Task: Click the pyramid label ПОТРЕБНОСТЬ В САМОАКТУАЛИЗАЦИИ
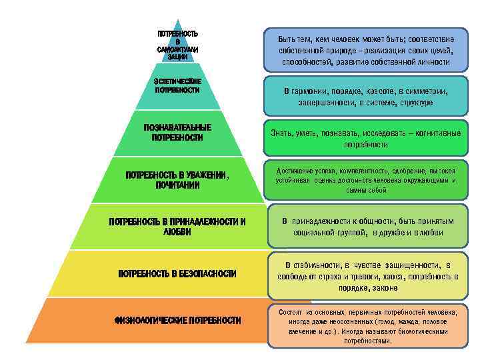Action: [x=177, y=45]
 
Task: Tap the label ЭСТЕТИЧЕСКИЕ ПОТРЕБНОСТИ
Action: [x=177, y=85]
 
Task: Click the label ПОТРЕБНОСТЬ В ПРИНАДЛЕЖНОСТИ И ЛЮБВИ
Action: [x=177, y=227]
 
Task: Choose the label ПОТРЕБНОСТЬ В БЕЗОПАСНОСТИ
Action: [x=177, y=274]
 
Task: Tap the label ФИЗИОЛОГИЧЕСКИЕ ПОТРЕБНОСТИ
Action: [x=177, y=321]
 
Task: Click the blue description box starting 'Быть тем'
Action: [x=367, y=51]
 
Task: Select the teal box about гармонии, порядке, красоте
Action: [x=366, y=97]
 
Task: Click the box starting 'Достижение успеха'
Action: [x=366, y=180]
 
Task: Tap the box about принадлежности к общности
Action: [x=367, y=227]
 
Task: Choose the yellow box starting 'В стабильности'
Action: [x=367, y=276]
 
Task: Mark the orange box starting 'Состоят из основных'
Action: [x=367, y=326]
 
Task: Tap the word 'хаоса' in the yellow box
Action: [x=387, y=276]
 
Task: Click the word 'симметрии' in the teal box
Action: [x=423, y=92]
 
